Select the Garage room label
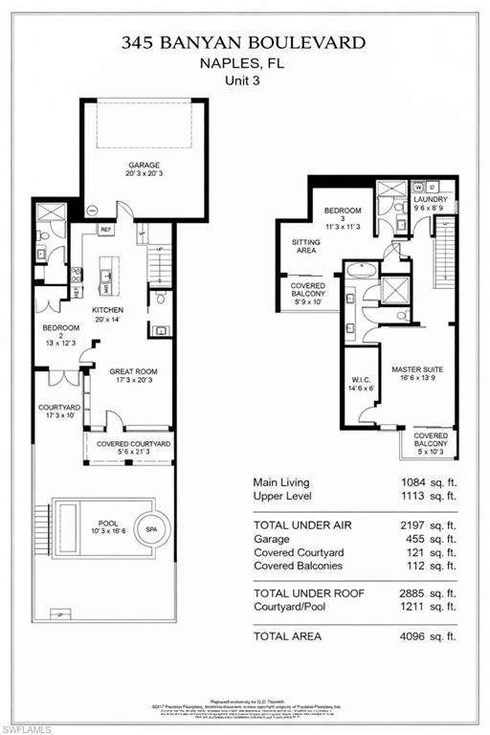tap(145, 165)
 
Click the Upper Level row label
tap(283, 496)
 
